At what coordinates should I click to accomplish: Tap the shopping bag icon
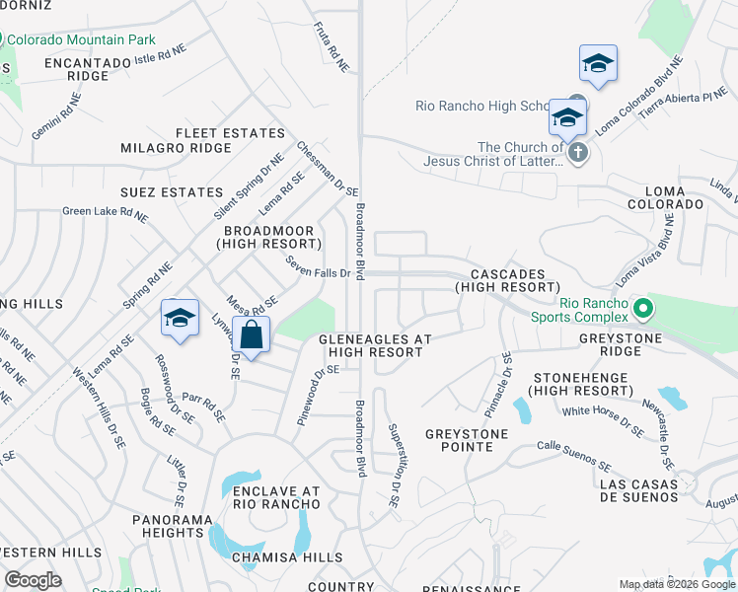coord(252,335)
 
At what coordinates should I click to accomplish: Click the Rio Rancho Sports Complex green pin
coord(643,310)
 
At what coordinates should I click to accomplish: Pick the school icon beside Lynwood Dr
coord(180,319)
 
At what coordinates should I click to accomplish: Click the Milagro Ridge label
coord(175,148)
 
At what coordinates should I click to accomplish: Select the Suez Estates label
coord(171,191)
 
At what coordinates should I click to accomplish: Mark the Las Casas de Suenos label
coord(638,490)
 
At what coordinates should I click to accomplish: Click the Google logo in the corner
coord(34,580)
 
